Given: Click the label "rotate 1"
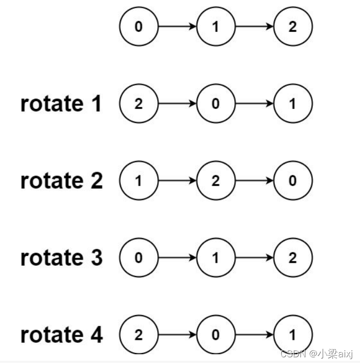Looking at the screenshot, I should click(61, 104).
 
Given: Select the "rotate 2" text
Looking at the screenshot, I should click(61, 181).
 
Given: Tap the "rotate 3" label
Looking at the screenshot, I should click(61, 258).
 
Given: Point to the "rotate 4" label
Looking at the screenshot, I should click(61, 335).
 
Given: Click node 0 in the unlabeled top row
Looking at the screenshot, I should click(139, 27).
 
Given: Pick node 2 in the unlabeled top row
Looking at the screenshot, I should click(293, 27).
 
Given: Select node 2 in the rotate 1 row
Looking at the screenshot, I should click(139, 104).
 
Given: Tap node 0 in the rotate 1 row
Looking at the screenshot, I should click(216, 104).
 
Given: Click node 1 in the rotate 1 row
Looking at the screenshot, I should click(293, 104).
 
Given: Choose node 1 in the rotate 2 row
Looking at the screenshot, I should click(139, 181).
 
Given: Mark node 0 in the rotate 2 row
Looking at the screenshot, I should click(293, 181).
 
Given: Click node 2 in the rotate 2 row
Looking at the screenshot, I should click(216, 181).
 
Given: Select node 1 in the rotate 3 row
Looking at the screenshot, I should click(216, 258).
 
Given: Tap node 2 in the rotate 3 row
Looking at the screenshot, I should click(293, 258).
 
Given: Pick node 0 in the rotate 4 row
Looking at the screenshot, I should click(216, 335).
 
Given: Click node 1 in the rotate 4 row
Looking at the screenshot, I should click(293, 335).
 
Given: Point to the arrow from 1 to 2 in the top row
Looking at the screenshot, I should click(254, 27).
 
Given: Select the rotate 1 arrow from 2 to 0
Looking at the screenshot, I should click(177, 104).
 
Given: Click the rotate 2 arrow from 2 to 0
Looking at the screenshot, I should click(254, 181).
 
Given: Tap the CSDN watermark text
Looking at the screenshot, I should click(318, 354).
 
